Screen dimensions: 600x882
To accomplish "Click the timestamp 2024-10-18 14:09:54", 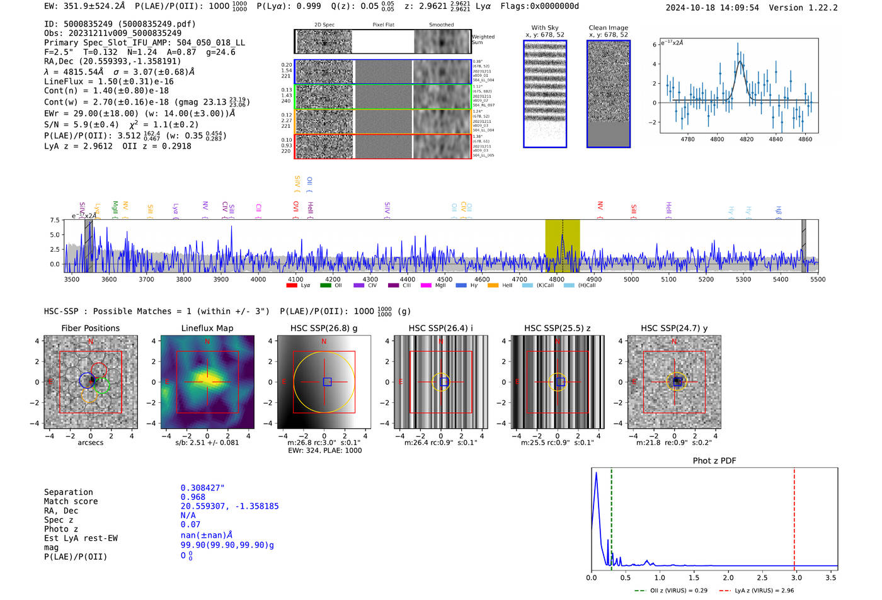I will coord(712,8).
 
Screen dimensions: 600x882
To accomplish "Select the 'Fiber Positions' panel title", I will coord(90,328).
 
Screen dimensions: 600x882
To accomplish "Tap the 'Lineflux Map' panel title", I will coord(207,328).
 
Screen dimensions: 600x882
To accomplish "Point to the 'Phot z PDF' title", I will coord(714,460).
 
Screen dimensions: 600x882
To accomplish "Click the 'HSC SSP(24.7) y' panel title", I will coord(674,328).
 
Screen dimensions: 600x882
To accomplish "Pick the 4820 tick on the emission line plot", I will coord(747,139).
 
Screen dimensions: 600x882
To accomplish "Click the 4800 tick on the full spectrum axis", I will coord(556,279).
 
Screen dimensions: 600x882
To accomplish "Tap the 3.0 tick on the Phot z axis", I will coord(797,577).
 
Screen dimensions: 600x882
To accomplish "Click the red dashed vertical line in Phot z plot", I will coord(794,516).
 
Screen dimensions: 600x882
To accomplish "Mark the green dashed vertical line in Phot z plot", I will coord(611,516).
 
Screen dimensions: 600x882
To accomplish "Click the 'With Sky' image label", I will coord(545,28).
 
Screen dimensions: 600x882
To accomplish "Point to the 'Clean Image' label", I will coord(608,28).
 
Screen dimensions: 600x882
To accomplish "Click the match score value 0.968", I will coord(193,497).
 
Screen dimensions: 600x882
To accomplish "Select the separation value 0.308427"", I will coord(202,488).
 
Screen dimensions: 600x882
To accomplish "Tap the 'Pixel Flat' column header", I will coord(383,25).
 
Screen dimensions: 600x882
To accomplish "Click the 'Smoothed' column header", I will coord(441,25).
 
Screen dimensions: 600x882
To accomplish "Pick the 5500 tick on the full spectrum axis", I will coord(818,279).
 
